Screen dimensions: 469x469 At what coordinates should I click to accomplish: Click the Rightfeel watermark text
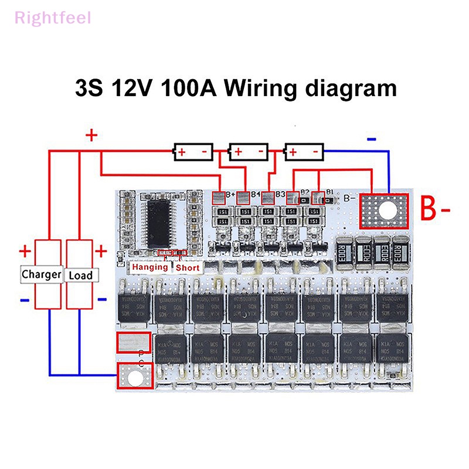pyautogui.click(x=53, y=18)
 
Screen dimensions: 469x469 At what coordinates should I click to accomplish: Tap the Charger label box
pyautogui.click(x=41, y=274)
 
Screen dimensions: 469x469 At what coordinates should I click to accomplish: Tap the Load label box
pyautogui.click(x=80, y=274)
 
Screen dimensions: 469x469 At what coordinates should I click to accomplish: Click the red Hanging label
pyautogui.click(x=149, y=267)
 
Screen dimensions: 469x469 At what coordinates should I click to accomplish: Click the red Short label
pyautogui.click(x=188, y=267)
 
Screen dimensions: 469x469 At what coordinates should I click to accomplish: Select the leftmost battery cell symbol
pyautogui.click(x=192, y=152)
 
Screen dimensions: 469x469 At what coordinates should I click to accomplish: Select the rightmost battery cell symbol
pyautogui.click(x=304, y=152)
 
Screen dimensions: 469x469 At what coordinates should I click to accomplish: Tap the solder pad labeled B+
pyautogui.click(x=219, y=198)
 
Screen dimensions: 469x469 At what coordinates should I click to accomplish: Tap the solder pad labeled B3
pyautogui.click(x=268, y=198)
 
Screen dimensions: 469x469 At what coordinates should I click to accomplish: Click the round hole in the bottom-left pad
pyautogui.click(x=135, y=377)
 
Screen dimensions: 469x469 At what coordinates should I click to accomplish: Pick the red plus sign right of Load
pyautogui.click(x=101, y=252)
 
